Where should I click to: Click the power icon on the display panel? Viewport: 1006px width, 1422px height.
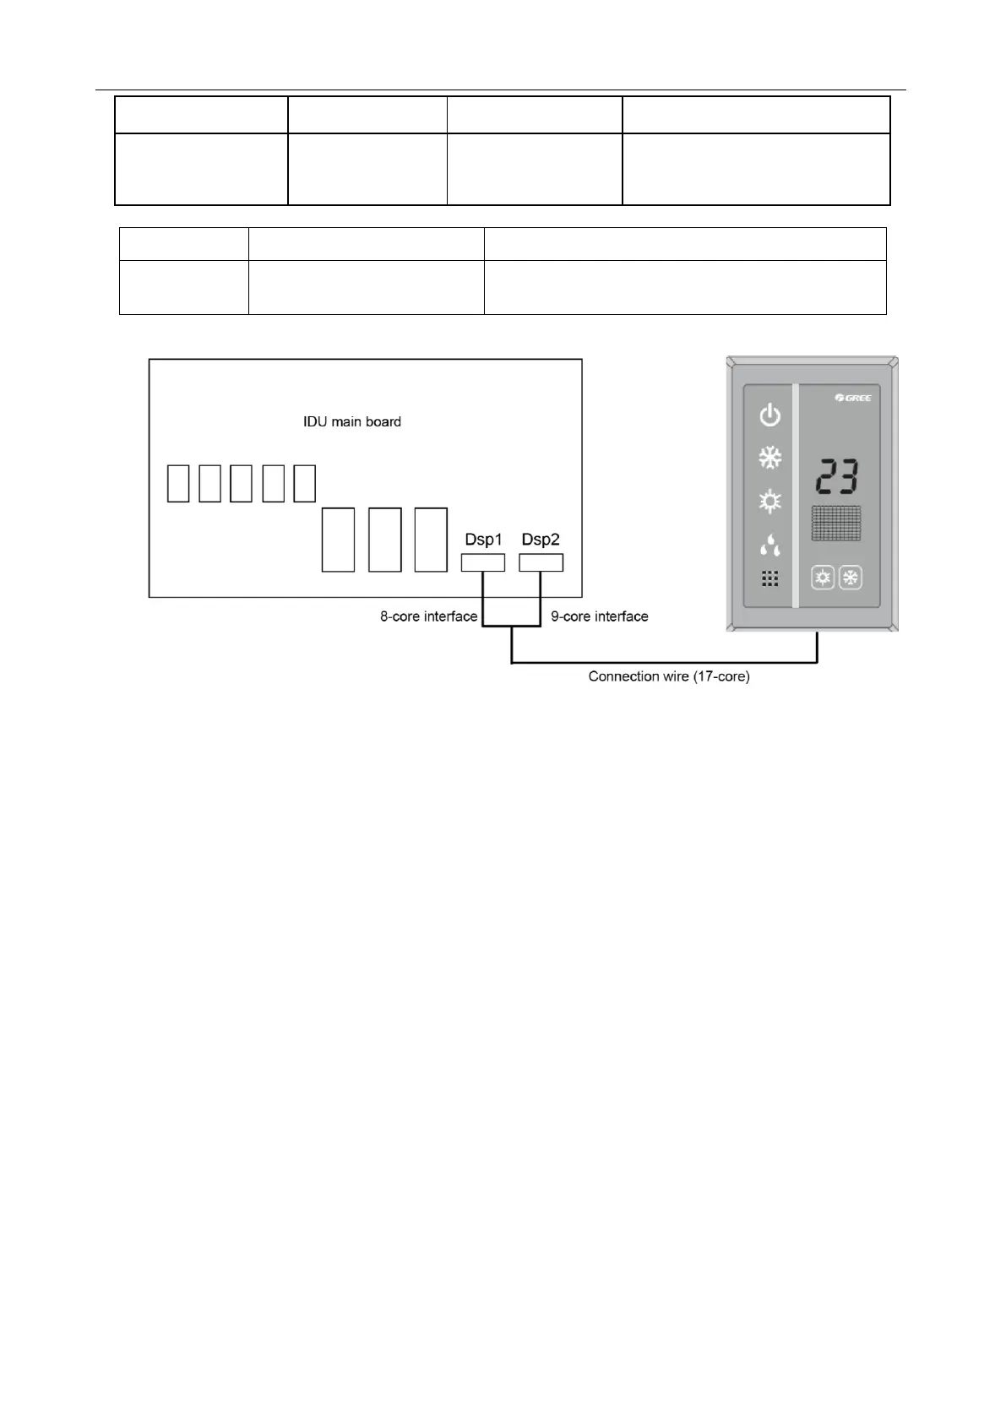pyautogui.click(x=769, y=415)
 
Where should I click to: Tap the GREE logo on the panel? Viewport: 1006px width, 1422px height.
pyautogui.click(x=852, y=398)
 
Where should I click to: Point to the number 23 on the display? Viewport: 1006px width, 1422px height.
pyautogui.click(x=836, y=479)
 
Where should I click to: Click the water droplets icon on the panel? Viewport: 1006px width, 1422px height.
pyautogui.click(x=769, y=545)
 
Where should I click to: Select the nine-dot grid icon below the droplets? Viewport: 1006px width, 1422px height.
pyautogui.click(x=769, y=579)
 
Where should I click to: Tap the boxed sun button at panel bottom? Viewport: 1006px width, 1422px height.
pyautogui.click(x=823, y=578)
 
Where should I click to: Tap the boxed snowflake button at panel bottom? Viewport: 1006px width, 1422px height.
pyautogui.click(x=851, y=578)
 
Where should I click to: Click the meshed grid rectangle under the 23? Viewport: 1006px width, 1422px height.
pyautogui.click(x=836, y=524)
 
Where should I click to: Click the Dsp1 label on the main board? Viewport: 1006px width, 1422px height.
pyautogui.click(x=483, y=540)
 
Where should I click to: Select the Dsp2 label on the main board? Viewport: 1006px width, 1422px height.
pyautogui.click(x=541, y=540)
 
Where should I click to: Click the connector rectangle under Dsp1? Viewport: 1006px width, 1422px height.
pyautogui.click(x=483, y=562)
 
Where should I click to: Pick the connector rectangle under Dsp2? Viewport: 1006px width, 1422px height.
pyautogui.click(x=541, y=562)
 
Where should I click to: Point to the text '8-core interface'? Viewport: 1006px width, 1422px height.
pyautogui.click(x=428, y=617)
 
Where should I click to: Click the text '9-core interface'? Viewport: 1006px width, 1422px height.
pyautogui.click(x=600, y=617)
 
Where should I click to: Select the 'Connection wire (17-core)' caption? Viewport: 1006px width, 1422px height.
pyautogui.click(x=669, y=676)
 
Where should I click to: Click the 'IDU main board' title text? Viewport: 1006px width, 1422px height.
pyautogui.click(x=352, y=421)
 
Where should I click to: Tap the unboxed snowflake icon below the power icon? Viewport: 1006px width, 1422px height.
pyautogui.click(x=769, y=459)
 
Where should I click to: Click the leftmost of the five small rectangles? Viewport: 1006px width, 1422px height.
pyautogui.click(x=178, y=484)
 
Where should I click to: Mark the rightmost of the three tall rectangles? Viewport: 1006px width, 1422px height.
pyautogui.click(x=431, y=540)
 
